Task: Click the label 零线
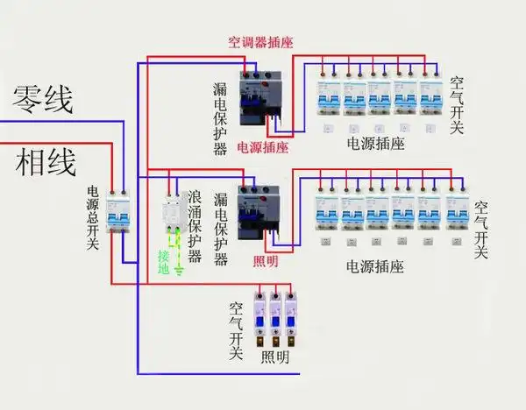[x=42, y=99]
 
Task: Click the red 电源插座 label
[x=262, y=147]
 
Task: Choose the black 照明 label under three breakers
[x=274, y=358]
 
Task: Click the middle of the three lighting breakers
[x=274, y=319]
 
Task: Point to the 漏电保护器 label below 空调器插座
[x=220, y=118]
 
